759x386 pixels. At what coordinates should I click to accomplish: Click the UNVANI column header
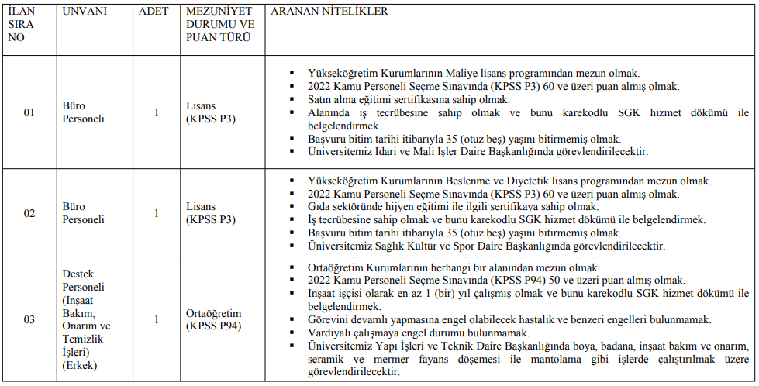tap(85, 12)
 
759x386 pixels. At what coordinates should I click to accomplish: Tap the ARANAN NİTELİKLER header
tap(329, 12)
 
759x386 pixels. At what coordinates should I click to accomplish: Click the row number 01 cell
tap(29, 113)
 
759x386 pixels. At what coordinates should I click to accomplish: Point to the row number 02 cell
tap(29, 213)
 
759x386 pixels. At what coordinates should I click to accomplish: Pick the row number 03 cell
tap(29, 319)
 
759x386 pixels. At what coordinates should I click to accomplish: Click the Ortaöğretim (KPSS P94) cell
tap(214, 319)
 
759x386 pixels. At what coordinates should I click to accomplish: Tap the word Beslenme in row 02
tap(486, 181)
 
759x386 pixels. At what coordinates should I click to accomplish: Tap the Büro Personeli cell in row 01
tap(83, 113)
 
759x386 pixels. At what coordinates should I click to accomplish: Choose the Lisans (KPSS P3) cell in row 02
tap(211, 213)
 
